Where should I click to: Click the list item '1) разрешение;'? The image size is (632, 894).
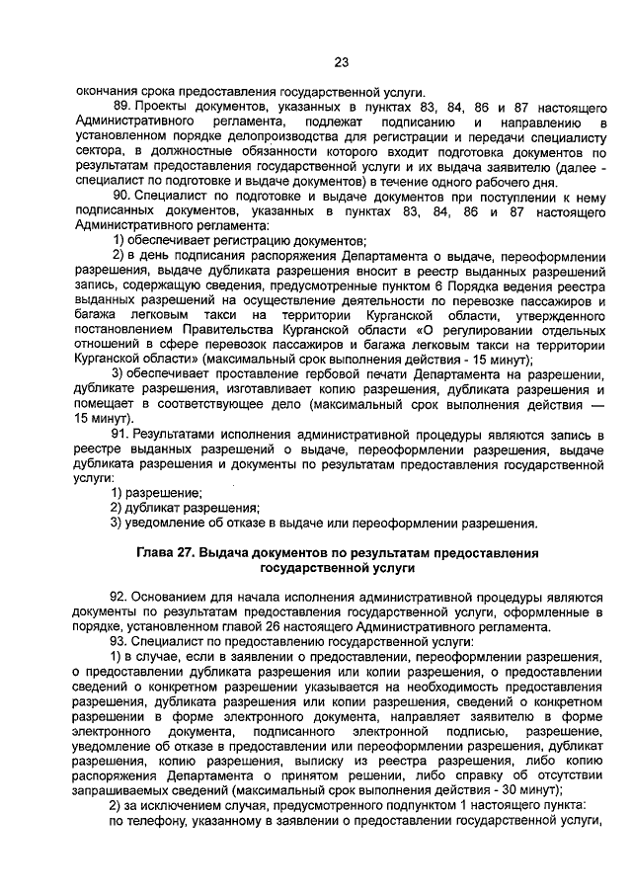tap(156, 492)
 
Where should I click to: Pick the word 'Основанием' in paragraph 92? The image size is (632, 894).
tap(173, 598)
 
